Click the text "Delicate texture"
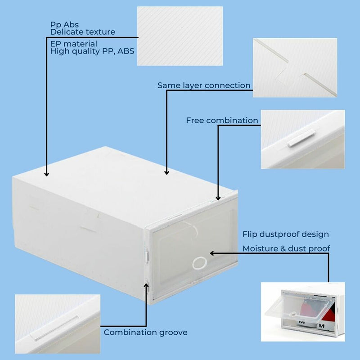coord(82,32)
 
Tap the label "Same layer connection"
coord(204,85)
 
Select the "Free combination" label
coord(222,121)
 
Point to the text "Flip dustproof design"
coord(285,234)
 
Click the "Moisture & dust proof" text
coord(286,248)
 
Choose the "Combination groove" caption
coord(145,333)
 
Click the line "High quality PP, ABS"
coord(92,51)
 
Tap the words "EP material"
coord(73,44)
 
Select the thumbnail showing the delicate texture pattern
coord(180,36)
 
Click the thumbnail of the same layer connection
coord(295,67)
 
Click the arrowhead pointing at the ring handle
coord(212,253)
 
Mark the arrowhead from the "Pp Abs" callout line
coord(46,173)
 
